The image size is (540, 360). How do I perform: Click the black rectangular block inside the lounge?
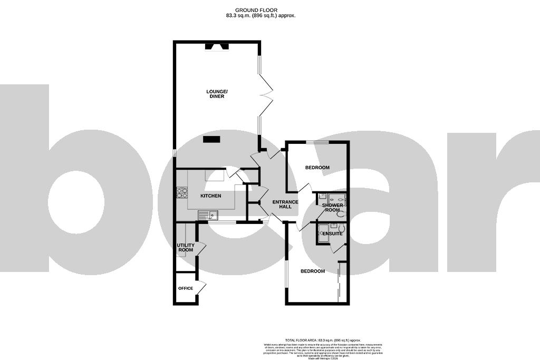click(x=211, y=139)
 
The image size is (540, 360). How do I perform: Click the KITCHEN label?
click(x=210, y=196)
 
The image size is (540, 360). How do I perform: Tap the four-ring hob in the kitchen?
click(x=182, y=193)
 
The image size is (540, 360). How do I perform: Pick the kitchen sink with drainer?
click(x=208, y=215)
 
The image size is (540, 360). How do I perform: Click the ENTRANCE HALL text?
click(x=285, y=205)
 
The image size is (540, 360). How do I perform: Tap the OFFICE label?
click(x=185, y=288)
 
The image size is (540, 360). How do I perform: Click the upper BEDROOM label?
click(x=317, y=168)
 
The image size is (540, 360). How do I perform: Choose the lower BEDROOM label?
click(x=312, y=271)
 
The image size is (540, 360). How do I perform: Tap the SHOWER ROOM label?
click(x=333, y=208)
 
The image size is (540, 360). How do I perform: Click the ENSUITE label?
click(x=333, y=233)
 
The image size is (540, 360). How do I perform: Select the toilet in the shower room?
click(x=340, y=214)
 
